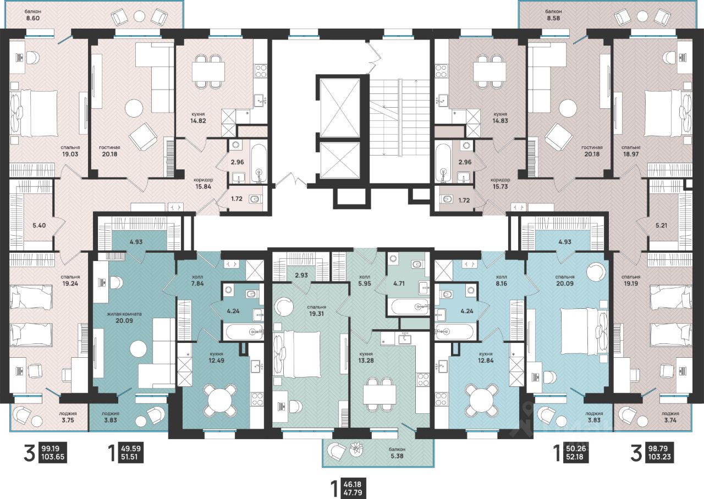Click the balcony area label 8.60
(x=32, y=18)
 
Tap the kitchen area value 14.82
(x=198, y=120)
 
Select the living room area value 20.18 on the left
(x=109, y=154)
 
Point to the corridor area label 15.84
(x=203, y=186)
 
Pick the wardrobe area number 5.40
(x=39, y=225)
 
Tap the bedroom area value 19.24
(x=70, y=284)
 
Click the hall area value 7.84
(x=197, y=284)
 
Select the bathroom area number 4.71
(x=399, y=284)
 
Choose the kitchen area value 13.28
(x=366, y=361)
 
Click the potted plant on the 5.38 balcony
(x=357, y=449)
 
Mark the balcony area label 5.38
(x=397, y=456)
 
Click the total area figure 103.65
(x=52, y=457)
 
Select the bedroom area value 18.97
(x=631, y=154)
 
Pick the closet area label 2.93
(x=301, y=275)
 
